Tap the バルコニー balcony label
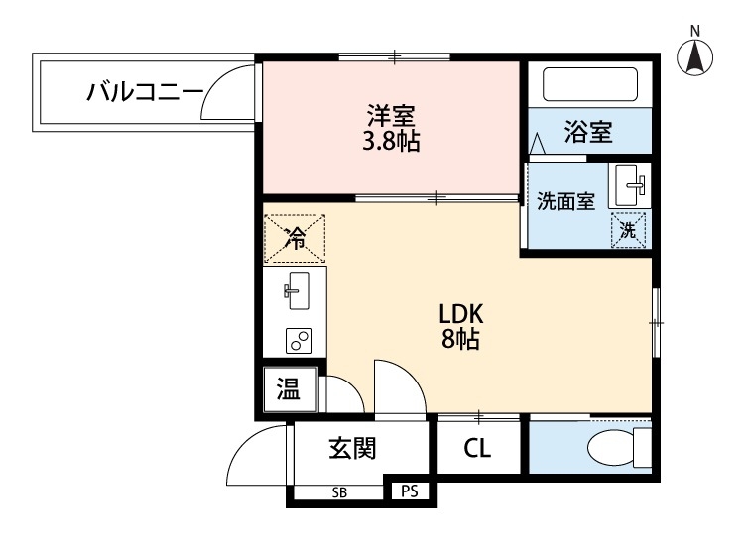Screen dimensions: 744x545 click(145, 92)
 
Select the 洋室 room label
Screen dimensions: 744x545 click(391, 115)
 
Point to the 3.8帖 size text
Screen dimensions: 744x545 click(391, 141)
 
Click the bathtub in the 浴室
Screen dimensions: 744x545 click(590, 84)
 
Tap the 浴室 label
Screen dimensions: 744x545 click(588, 131)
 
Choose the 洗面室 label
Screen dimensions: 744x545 click(565, 202)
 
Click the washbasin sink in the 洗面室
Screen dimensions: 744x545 click(630, 186)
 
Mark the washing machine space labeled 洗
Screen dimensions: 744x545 click(628, 230)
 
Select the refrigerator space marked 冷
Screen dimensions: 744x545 click(295, 239)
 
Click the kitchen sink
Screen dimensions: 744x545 click(298, 291)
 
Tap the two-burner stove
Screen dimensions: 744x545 click(299, 341)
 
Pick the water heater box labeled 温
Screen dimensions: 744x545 click(290, 389)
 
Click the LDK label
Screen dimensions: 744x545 click(460, 314)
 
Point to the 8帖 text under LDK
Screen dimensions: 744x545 click(460, 338)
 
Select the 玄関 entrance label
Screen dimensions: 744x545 click(352, 448)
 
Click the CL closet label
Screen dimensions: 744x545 click(477, 447)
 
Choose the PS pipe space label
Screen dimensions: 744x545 click(410, 491)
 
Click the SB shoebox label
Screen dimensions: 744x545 click(339, 492)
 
